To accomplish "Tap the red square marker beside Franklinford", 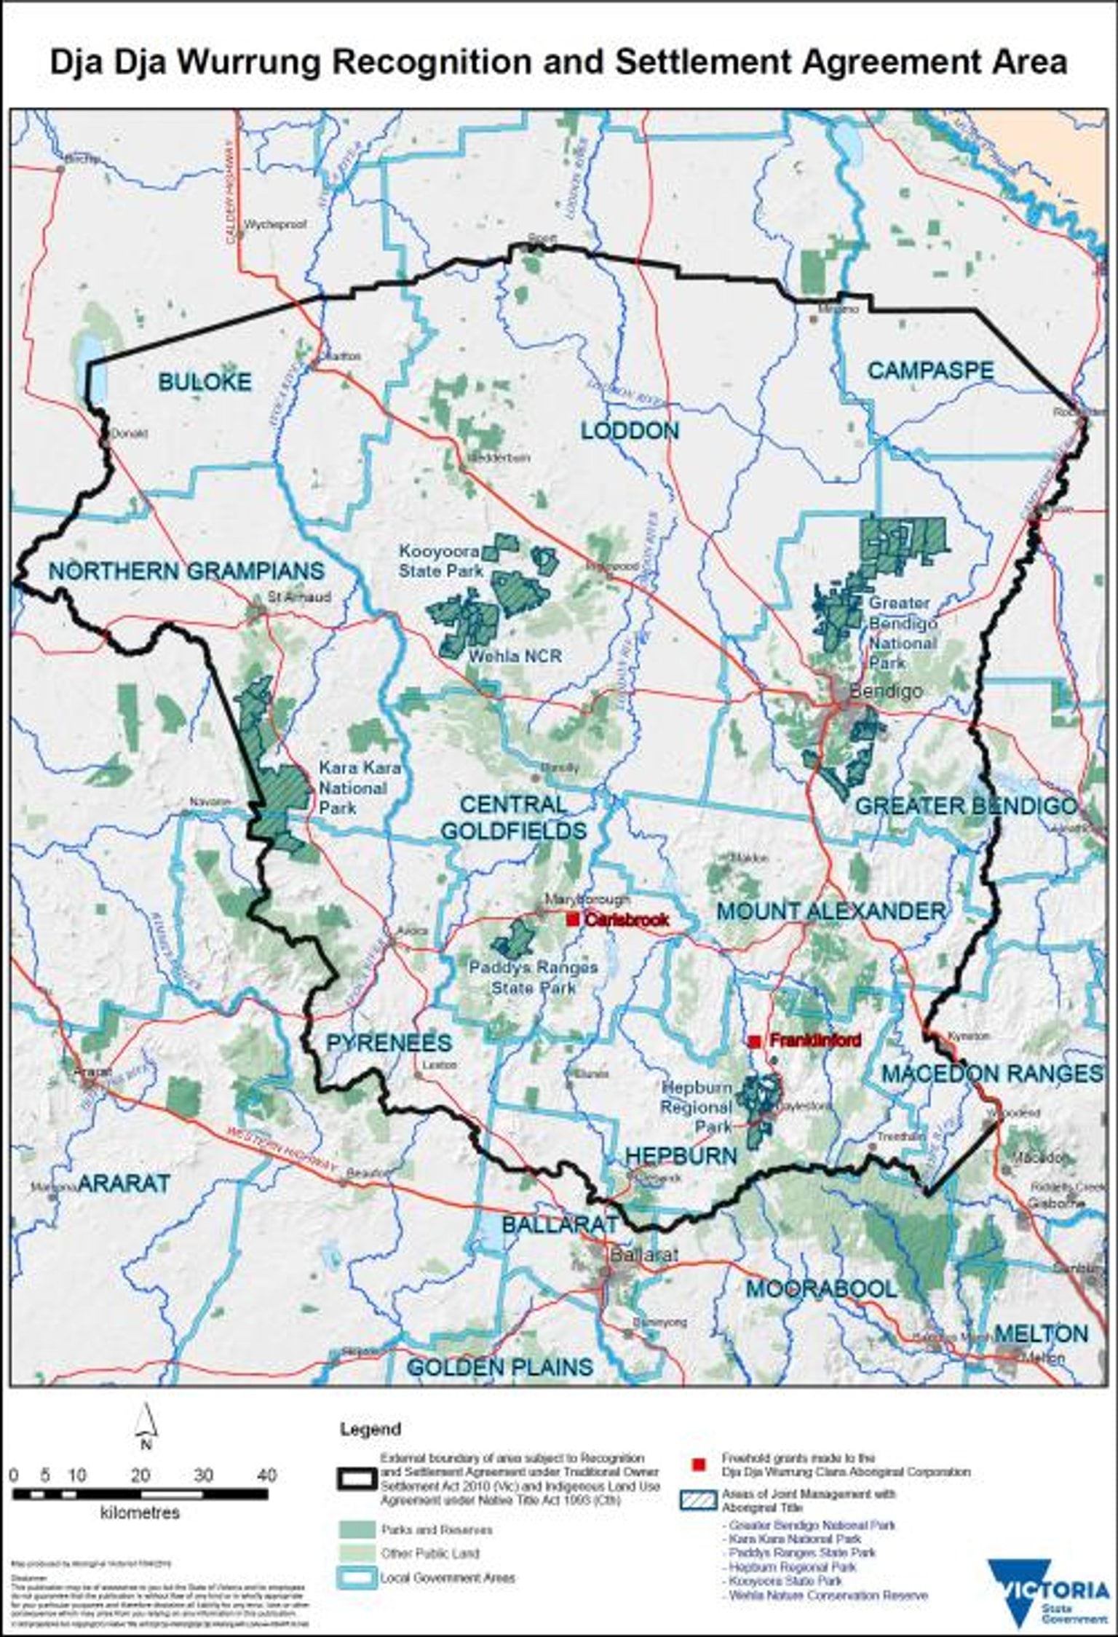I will [756, 1042].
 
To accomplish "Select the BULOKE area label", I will [205, 381].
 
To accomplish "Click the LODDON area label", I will [630, 431].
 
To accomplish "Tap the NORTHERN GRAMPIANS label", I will [186, 571].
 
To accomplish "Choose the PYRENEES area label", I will [389, 1042].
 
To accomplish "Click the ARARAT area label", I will [123, 1183].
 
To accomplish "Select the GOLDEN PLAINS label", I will [500, 1367].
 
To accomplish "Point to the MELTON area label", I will [1041, 1333].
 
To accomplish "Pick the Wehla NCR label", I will [515, 656].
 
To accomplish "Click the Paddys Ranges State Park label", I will [534, 978].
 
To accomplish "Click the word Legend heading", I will [370, 1429].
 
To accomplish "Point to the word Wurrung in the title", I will [248, 63].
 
